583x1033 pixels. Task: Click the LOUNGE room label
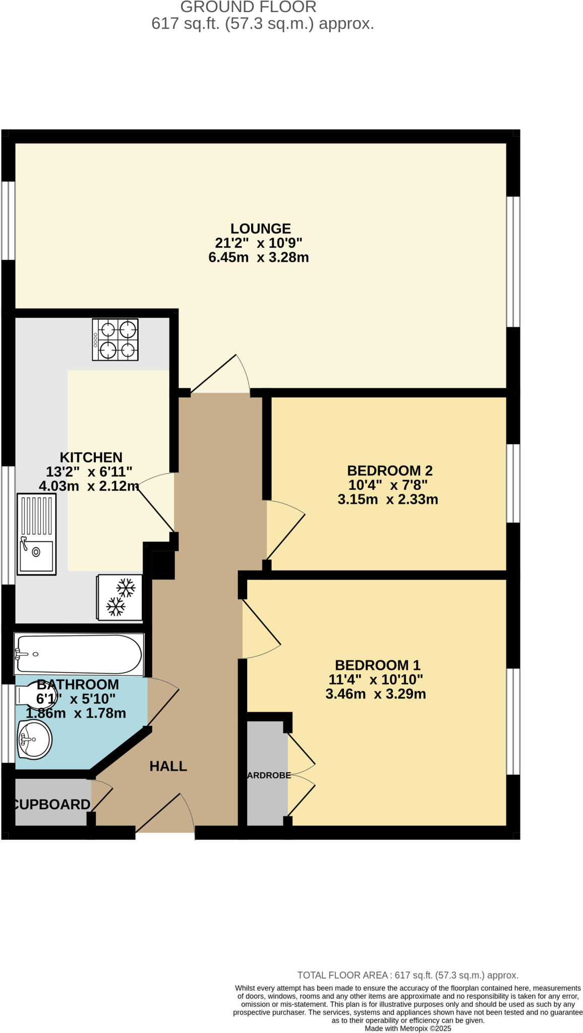pos(261,228)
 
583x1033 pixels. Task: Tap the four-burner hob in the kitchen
pos(115,339)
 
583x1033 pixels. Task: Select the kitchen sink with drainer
pos(36,534)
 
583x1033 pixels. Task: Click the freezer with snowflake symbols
pos(120,597)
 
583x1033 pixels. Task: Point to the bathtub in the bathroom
pos(79,654)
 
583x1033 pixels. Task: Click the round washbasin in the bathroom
pos(34,739)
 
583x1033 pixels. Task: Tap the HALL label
pos(168,766)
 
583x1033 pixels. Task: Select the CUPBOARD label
pos(51,805)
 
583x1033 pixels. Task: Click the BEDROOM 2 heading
pos(389,471)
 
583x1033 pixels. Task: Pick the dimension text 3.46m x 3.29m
pos(376,694)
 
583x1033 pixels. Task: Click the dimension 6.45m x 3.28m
pos(258,257)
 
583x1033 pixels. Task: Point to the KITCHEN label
pos(91,457)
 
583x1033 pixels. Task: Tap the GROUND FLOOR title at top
pos(248,7)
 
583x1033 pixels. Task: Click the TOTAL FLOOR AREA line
pos(407,975)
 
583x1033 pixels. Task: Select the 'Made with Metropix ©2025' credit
pos(407,1028)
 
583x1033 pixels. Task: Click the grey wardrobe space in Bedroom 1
pos(267,772)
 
